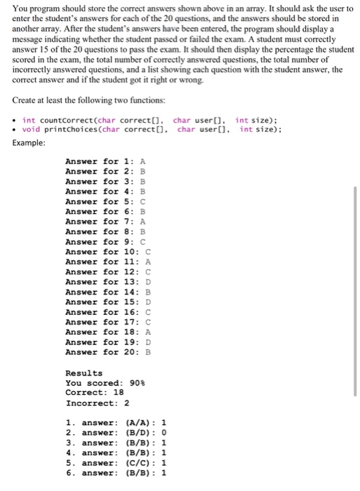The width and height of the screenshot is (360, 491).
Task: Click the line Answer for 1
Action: [105, 161]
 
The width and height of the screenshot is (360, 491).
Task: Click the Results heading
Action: [84, 372]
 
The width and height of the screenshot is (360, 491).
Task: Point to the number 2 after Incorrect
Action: [126, 403]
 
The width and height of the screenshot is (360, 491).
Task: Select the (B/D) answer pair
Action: [138, 433]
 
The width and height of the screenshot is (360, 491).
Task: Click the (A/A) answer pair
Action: [138, 423]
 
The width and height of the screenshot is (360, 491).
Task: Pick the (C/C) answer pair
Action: [138, 463]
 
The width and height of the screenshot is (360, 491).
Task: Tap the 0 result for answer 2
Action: [164, 433]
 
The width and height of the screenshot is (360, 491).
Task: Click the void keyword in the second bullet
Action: [31, 129]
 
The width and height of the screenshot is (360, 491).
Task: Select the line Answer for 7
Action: [105, 221]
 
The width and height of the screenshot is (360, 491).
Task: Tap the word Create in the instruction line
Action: [27, 100]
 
